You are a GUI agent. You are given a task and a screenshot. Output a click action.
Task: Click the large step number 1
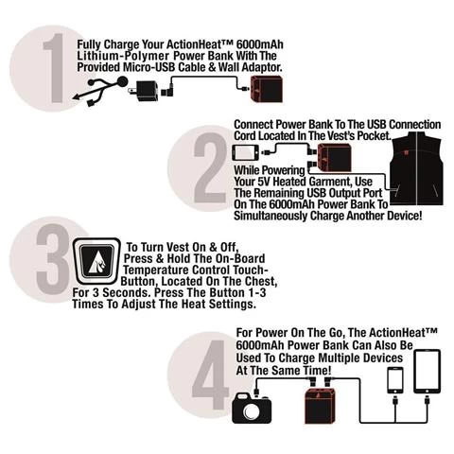click(x=55, y=68)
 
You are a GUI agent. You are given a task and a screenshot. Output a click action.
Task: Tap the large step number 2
click(x=210, y=167)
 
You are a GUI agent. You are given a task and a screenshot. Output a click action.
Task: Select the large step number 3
click(x=53, y=259)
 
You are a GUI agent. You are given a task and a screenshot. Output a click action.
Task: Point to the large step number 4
click(x=211, y=375)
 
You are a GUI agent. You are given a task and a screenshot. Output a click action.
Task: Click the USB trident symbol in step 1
click(x=99, y=90)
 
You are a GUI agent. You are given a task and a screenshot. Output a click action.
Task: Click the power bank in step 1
click(x=266, y=89)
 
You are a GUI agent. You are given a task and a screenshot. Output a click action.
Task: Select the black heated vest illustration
click(x=417, y=168)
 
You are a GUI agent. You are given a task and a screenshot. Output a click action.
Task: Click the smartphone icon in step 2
click(x=245, y=152)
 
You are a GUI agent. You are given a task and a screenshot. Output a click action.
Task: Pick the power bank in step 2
click(x=334, y=158)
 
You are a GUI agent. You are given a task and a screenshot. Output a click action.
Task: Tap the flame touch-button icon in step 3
click(x=96, y=261)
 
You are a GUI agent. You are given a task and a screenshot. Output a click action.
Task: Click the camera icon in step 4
click(x=252, y=408)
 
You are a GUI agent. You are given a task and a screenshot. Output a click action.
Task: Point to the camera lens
click(x=252, y=410)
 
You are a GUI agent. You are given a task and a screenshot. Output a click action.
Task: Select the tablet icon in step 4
click(x=427, y=372)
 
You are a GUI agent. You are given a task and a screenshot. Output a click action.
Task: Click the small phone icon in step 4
click(x=395, y=380)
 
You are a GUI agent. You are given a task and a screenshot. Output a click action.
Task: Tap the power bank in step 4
click(x=321, y=406)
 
